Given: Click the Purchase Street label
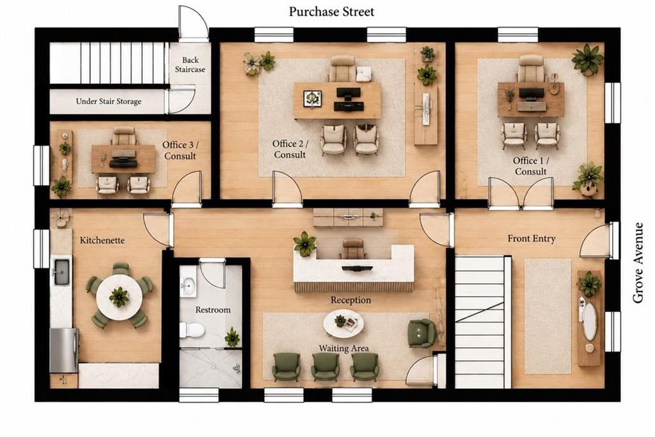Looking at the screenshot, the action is [x=331, y=12].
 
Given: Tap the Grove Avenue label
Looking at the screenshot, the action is [x=638, y=263].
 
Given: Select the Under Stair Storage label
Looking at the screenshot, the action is [x=109, y=101].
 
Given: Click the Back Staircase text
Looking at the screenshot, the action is [x=190, y=65].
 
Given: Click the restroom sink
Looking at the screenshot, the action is [x=188, y=286].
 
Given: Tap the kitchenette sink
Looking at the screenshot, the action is [x=61, y=272].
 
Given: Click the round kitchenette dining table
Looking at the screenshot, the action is [x=120, y=297].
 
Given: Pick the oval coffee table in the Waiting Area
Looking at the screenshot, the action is [x=343, y=323].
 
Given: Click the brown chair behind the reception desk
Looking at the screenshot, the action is [x=353, y=249].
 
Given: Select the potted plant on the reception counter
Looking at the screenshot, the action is [x=304, y=243].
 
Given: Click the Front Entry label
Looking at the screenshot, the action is [x=532, y=238].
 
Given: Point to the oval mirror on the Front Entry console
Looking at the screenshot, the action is [x=589, y=322].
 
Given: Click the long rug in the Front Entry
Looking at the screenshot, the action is [x=548, y=317].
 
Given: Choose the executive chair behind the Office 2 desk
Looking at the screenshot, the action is [x=343, y=69].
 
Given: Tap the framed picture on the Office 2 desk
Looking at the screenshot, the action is [x=312, y=99].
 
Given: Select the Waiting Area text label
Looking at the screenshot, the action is [x=343, y=349].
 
